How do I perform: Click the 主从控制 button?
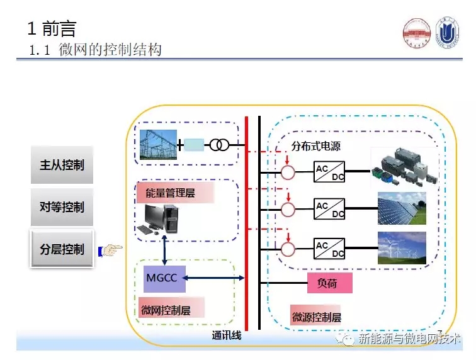tap(62, 166)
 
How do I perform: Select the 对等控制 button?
tap(62, 207)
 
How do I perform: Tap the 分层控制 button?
tap(62, 249)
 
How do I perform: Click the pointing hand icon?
tap(111, 251)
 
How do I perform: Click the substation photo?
tap(157, 145)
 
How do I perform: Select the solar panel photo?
tap(401, 207)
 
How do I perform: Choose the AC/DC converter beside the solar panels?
tap(329, 208)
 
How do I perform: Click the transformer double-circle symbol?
tap(219, 145)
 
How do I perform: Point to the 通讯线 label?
tap(227, 335)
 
